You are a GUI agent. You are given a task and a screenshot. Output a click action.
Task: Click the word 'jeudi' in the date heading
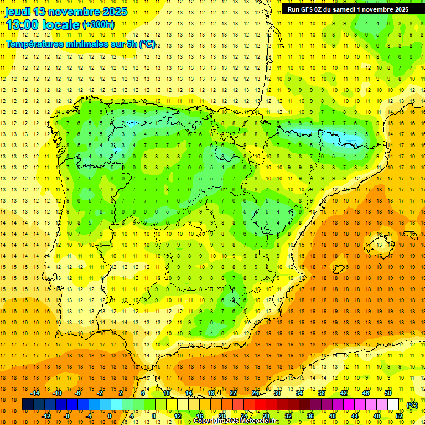click(x=19, y=12)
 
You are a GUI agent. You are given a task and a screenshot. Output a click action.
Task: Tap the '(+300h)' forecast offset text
click(x=99, y=25)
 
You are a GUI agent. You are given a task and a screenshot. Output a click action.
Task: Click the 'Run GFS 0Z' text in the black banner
click(x=307, y=9)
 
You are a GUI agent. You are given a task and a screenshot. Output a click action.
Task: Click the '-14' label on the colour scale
click(x=35, y=393)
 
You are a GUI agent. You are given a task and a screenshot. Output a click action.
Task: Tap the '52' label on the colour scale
click(x=399, y=416)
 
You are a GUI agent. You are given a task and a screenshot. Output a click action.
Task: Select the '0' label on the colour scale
click(x=110, y=416)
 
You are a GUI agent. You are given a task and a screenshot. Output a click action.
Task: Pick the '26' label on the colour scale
click(x=255, y=393)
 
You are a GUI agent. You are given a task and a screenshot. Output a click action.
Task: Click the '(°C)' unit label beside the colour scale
click(x=412, y=405)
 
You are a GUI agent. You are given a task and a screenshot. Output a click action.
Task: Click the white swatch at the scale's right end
click(x=393, y=405)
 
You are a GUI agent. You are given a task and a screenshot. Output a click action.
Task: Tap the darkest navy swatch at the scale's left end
click(x=28, y=405)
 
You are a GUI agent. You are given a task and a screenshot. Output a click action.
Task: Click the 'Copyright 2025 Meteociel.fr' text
click(x=236, y=421)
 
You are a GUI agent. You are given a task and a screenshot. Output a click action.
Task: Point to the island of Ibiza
click(x=338, y=269)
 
